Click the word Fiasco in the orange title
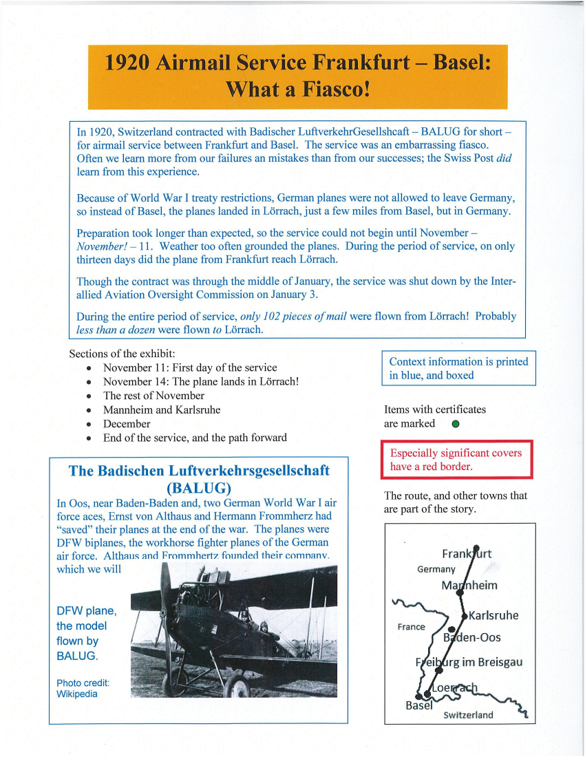pyautogui.click(x=332, y=89)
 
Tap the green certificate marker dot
pyautogui.click(x=456, y=424)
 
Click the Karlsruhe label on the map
pyautogui.click(x=493, y=615)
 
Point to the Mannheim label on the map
pyautogui.click(x=469, y=586)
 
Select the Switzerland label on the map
pyautogui.click(x=468, y=715)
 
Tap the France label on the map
pyautogui.click(x=411, y=627)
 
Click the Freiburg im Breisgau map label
pyautogui.click(x=469, y=662)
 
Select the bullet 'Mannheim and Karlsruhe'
pyautogui.click(x=162, y=410)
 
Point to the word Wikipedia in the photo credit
pyautogui.click(x=77, y=694)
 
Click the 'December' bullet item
pyautogui.click(x=127, y=424)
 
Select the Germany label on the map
pyautogui.click(x=436, y=569)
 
